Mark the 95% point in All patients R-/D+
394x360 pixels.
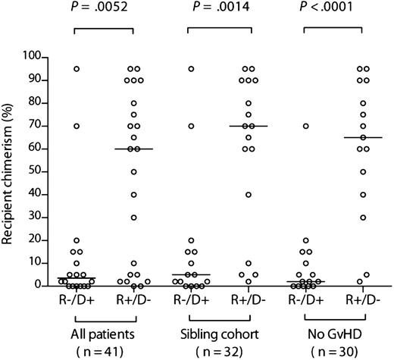(x=77, y=69)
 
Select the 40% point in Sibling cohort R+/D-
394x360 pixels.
(x=248, y=195)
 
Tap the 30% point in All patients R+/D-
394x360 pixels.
(x=133, y=218)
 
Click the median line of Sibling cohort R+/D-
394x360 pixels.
(x=248, y=126)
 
